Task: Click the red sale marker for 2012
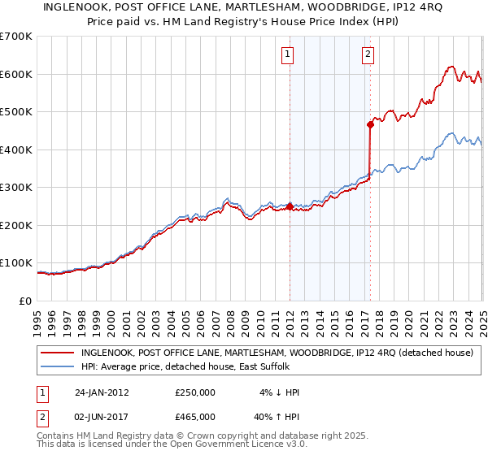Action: click(x=290, y=207)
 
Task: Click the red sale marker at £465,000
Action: click(x=369, y=124)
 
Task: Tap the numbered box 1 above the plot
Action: click(x=288, y=55)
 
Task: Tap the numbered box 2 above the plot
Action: click(x=368, y=55)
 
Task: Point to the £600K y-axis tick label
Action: click(x=15, y=74)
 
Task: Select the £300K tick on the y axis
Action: click(x=15, y=188)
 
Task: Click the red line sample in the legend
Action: click(x=57, y=353)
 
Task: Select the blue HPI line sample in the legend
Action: click(x=57, y=366)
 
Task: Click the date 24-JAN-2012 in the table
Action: click(x=102, y=392)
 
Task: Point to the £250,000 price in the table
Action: click(x=194, y=392)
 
